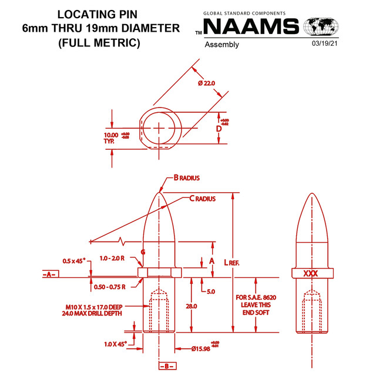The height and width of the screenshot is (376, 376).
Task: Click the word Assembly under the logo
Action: [x=221, y=45]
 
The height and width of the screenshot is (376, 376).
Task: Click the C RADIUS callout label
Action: [x=203, y=199]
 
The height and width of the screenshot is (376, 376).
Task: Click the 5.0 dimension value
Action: [x=210, y=291]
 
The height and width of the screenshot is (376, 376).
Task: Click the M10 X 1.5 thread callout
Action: [x=102, y=310]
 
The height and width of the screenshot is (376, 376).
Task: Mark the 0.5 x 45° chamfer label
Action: [x=74, y=260]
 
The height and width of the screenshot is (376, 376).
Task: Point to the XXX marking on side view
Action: [x=311, y=273]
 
